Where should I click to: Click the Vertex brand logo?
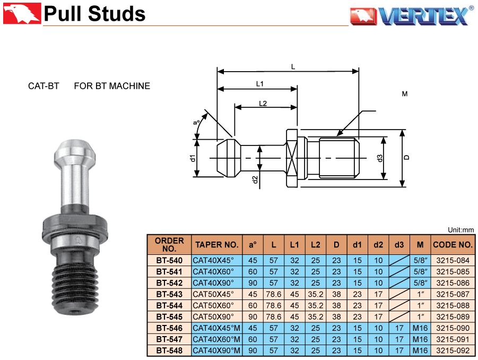(412, 15)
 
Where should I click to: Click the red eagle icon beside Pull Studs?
(22, 13)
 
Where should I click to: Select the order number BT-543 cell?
(169, 294)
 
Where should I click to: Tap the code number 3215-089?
(453, 316)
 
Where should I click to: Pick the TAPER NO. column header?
(217, 245)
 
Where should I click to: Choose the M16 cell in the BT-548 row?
(420, 350)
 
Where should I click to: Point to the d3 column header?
(399, 245)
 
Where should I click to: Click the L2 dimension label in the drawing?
(263, 104)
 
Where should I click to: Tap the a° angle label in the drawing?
(196, 123)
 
